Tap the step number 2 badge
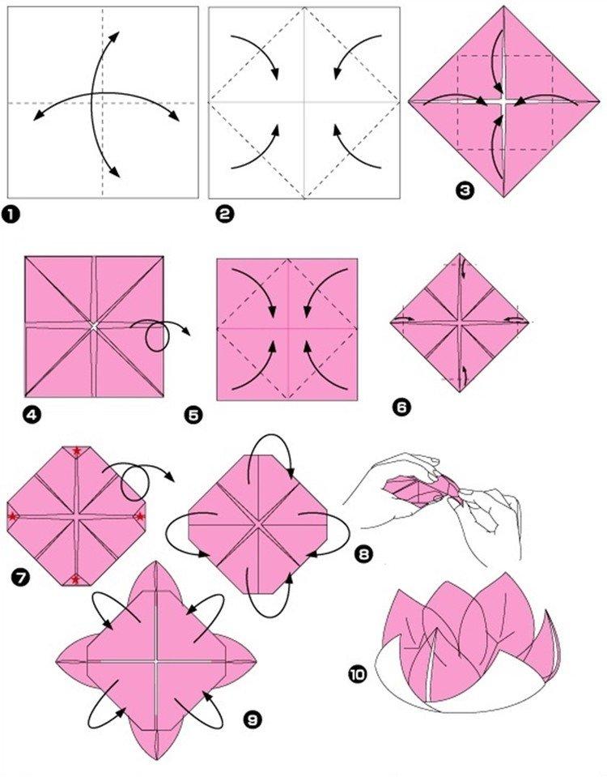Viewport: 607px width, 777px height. (x=224, y=215)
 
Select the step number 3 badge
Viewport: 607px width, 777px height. (x=464, y=190)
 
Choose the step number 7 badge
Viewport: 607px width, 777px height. (x=19, y=578)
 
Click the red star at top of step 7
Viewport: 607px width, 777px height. (x=76, y=451)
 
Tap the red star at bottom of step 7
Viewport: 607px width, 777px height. (x=76, y=578)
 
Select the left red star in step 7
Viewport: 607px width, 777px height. (x=13, y=516)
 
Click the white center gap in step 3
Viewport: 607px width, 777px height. (x=503, y=102)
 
